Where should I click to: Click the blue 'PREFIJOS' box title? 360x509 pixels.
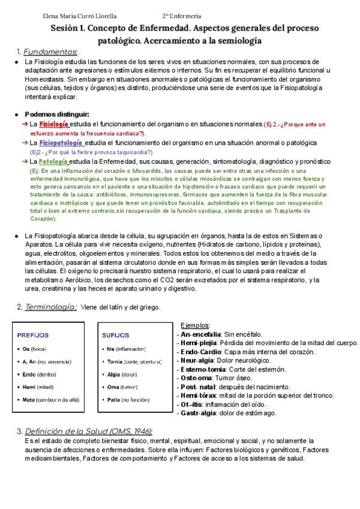(33, 335)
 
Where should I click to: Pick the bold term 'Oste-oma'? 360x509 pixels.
(196, 379)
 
